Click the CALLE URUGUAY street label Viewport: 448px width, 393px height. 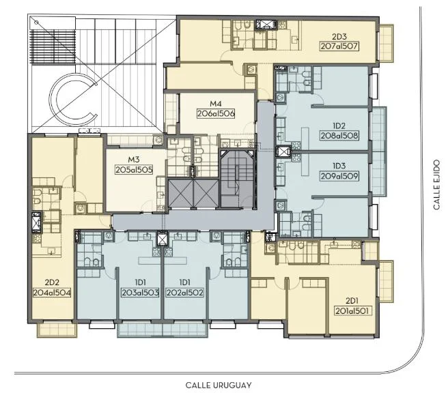tap(219, 385)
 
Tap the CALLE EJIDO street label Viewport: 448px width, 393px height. tap(436, 185)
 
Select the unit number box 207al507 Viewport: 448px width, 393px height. tap(339, 46)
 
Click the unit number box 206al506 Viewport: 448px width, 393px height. tap(216, 113)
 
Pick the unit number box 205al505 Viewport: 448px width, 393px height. tap(134, 170)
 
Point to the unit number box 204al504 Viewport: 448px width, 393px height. tap(52, 293)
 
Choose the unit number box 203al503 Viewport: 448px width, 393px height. tap(140, 293)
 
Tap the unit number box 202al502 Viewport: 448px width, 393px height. tap(184, 293)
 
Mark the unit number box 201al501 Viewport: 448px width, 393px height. tap(354, 311)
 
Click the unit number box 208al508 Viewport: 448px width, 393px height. tap(339, 135)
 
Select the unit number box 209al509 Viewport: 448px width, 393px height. tap(339, 176)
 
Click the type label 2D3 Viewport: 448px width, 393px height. tap(339, 37)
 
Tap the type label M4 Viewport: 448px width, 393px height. tap(216, 104)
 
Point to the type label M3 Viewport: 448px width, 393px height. tap(134, 160)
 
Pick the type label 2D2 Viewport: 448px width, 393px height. tap(52, 282)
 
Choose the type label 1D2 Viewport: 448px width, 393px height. tap(339, 126)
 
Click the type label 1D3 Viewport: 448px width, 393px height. tap(339, 166)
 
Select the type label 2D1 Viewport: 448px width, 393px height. tap(352, 301)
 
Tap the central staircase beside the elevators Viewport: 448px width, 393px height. tap(237, 179)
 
